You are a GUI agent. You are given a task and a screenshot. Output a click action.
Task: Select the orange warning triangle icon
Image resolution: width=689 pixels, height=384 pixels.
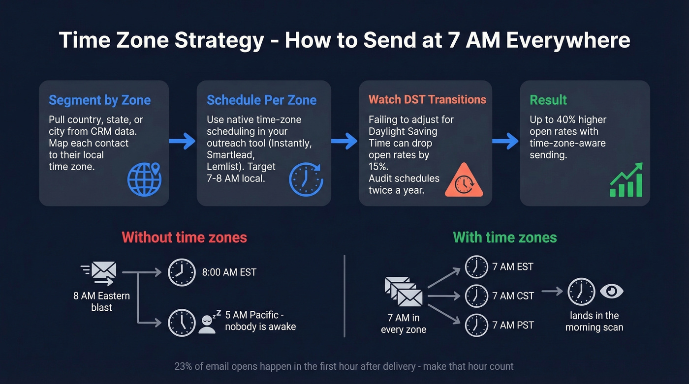pos(464,180)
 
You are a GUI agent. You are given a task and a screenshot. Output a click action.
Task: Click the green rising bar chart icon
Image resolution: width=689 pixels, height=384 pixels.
pos(626,180)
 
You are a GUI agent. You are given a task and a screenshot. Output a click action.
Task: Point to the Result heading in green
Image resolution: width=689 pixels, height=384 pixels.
pos(548,100)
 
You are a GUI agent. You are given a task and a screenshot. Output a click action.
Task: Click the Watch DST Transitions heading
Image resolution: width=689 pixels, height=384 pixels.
pos(427,100)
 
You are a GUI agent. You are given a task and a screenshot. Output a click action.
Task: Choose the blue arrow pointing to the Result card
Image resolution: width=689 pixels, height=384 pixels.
pos(505,142)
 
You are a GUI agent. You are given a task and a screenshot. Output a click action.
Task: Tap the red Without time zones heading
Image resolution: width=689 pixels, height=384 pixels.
pos(184,237)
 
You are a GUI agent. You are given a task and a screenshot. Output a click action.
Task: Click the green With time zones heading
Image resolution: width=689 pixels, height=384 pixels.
pos(504,237)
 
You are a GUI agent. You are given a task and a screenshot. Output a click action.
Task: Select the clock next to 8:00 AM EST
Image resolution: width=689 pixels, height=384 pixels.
pos(182,272)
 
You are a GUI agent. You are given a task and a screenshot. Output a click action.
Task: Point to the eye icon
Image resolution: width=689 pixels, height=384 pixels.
pos(611,291)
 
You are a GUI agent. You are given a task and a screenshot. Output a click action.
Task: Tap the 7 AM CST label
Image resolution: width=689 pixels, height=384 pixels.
pos(513,295)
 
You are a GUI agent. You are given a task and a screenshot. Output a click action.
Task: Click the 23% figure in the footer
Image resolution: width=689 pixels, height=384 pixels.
pos(183,366)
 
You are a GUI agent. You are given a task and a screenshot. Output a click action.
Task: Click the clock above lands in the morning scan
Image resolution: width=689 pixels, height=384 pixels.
pos(581,292)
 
